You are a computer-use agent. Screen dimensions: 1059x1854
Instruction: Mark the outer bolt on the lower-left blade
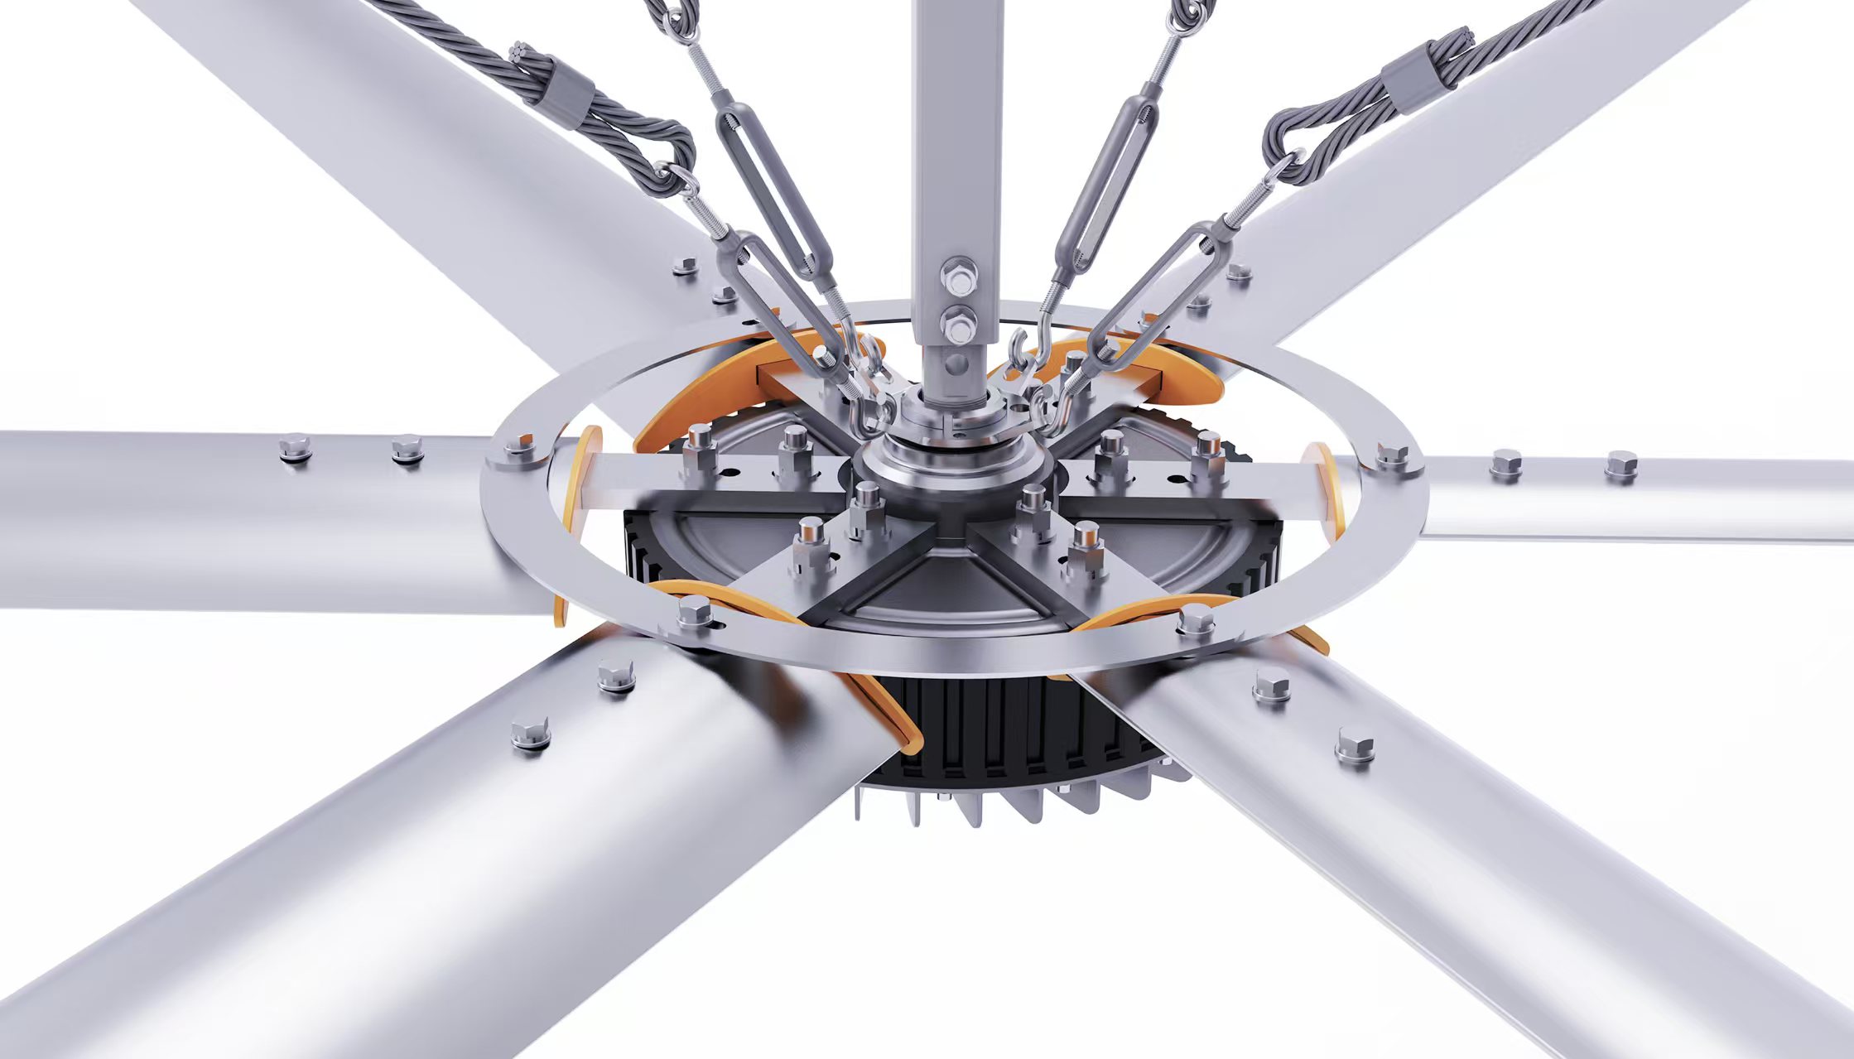531,733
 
